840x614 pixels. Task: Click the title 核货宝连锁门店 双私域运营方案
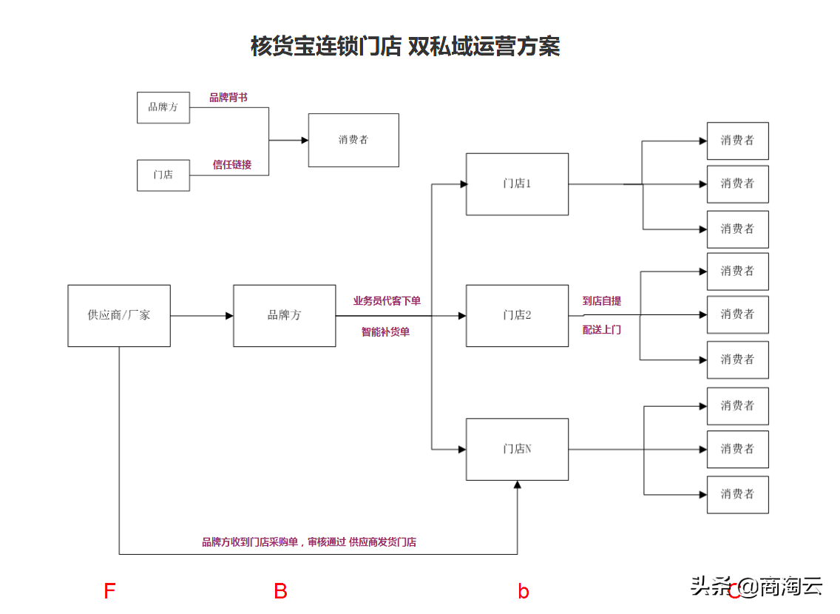click(x=405, y=47)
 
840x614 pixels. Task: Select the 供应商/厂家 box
click(x=119, y=315)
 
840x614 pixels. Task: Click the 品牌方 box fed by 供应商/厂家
click(x=284, y=315)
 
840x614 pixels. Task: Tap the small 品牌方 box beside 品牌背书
click(x=163, y=107)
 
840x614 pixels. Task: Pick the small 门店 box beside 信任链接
click(x=163, y=175)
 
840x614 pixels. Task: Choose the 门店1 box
click(x=517, y=184)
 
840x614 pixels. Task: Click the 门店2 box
click(x=517, y=315)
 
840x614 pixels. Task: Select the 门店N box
click(x=517, y=449)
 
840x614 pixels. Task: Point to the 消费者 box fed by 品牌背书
click(x=353, y=140)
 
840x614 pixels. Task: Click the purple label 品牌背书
click(x=228, y=98)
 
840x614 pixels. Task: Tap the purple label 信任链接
click(x=232, y=164)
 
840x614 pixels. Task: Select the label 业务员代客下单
click(x=387, y=301)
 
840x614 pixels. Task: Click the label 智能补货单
click(x=385, y=332)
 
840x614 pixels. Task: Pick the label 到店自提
click(x=602, y=301)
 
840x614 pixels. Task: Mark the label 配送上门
click(x=602, y=330)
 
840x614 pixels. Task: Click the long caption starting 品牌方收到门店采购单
click(x=309, y=542)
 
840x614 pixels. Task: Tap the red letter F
click(x=109, y=591)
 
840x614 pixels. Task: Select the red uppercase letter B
click(x=281, y=591)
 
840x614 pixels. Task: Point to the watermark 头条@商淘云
click(x=756, y=587)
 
